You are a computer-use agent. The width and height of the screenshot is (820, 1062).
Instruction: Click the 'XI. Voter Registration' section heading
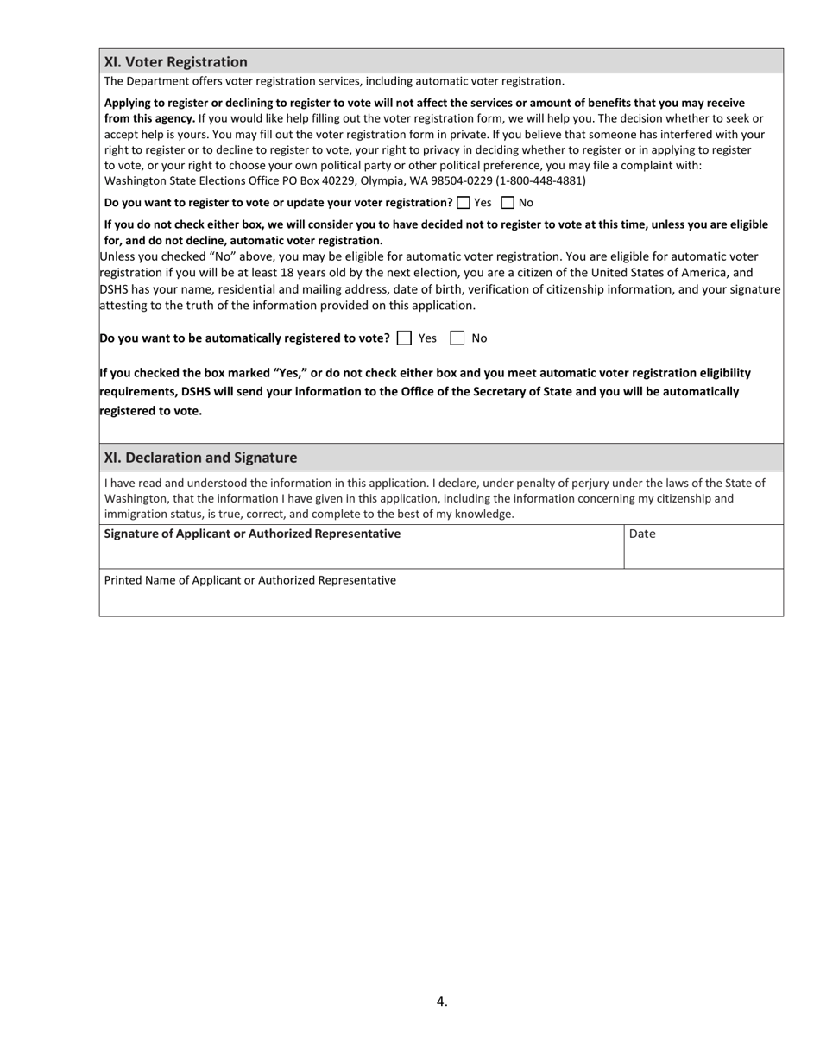tap(175, 62)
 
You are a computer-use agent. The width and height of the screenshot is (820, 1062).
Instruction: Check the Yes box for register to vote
tap(464, 203)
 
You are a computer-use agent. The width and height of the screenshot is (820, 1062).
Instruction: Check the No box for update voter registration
tap(508, 203)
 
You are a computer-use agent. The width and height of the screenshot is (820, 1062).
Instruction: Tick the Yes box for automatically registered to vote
tap(404, 338)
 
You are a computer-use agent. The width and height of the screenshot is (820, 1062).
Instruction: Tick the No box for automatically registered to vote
tap(457, 338)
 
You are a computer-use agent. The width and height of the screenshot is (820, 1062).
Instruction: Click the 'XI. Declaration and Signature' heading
tap(200, 458)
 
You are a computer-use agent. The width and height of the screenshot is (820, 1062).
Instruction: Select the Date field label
tap(642, 534)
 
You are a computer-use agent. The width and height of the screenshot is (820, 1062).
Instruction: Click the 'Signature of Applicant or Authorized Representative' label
tap(252, 534)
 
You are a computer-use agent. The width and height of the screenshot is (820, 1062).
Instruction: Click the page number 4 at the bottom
tap(441, 1002)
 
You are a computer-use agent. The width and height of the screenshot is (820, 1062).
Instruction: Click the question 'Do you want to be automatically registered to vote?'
tap(244, 338)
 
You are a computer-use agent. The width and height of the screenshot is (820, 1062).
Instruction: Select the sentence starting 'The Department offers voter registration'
tap(334, 81)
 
